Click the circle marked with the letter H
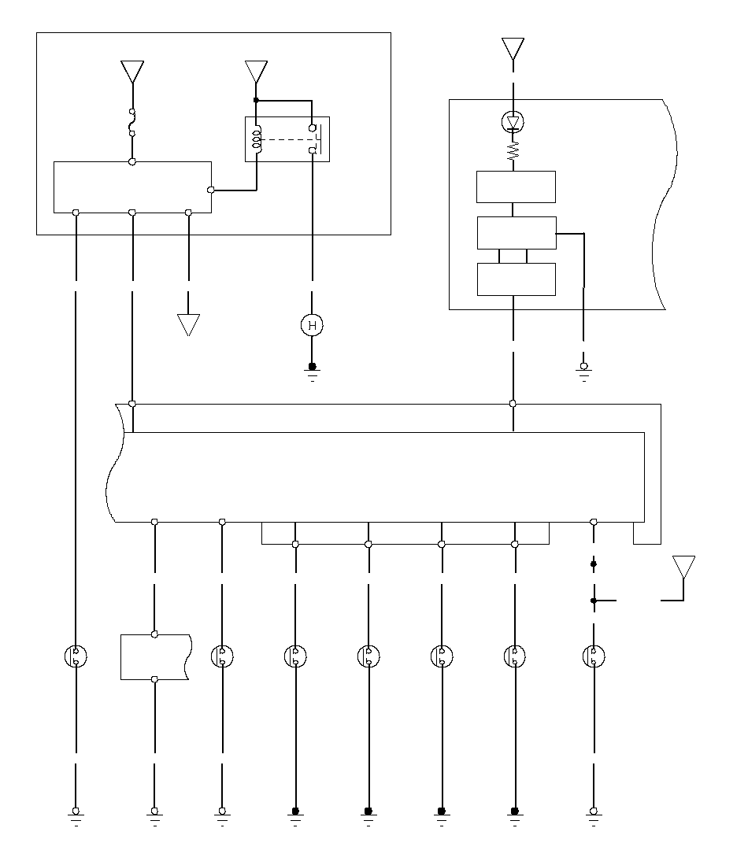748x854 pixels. point(313,324)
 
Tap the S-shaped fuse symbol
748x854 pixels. point(132,123)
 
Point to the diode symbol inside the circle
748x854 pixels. point(513,122)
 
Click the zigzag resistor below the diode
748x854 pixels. point(513,150)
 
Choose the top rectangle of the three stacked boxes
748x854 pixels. point(516,187)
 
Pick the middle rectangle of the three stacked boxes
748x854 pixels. point(516,233)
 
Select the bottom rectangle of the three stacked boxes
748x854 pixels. point(516,279)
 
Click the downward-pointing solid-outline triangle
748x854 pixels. point(188,324)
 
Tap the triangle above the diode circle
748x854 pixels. point(513,49)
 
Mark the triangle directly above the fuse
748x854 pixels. point(132,72)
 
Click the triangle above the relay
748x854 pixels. point(256,72)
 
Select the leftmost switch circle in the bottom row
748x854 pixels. point(76,656)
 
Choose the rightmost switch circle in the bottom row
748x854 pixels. point(594,656)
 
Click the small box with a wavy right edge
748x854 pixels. point(155,656)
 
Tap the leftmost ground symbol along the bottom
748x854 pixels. point(76,815)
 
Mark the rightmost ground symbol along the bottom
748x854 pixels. point(594,815)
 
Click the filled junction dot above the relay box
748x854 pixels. point(256,100)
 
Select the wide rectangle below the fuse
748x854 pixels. point(132,187)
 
